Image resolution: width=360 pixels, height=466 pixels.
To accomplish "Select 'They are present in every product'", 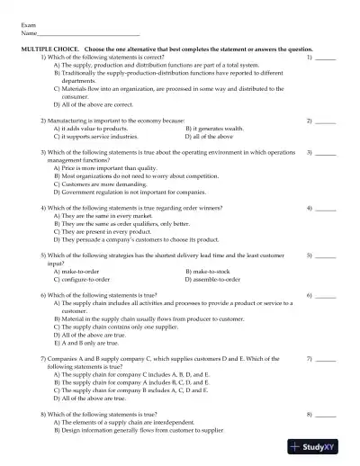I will (x=103, y=231).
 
